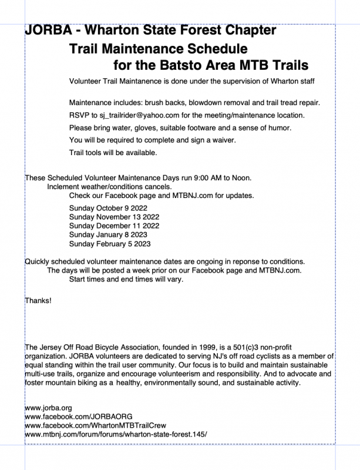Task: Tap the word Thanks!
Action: (38, 301)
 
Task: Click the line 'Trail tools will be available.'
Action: (113, 153)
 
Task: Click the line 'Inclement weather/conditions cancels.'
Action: (110, 186)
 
